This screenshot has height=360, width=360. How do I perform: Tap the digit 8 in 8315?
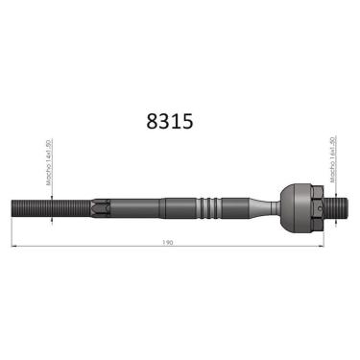pos(151,122)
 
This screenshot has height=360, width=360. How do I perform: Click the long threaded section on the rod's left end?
pos(48,207)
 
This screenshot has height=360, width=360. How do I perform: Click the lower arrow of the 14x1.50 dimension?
pos(49,218)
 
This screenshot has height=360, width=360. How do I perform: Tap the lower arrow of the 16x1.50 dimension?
pos(333,219)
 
